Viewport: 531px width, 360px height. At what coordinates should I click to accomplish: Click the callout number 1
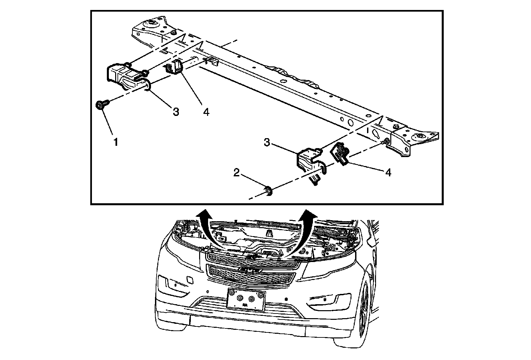coord(116,142)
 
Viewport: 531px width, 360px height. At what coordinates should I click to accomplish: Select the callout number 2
coord(236,173)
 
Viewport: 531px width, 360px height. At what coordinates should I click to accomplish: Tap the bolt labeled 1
coord(100,106)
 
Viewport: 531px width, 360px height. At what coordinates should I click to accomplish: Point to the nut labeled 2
coord(268,191)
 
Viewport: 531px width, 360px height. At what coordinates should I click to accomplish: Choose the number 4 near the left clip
coord(206,112)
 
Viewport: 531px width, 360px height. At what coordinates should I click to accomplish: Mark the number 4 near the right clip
coord(388,172)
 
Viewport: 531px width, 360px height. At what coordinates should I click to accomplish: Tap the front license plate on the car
coord(246,299)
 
